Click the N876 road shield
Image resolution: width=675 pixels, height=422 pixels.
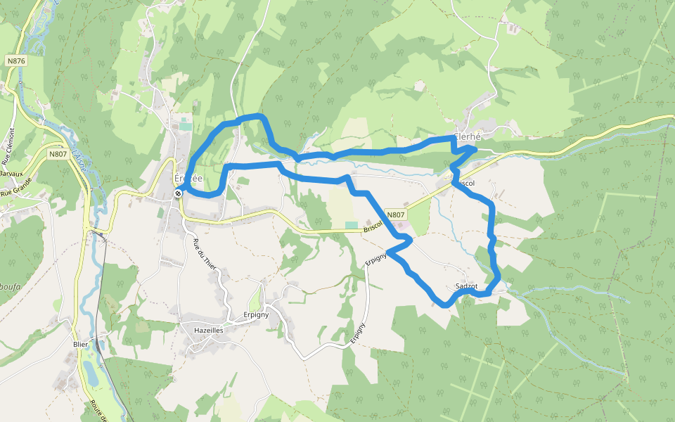[x=16, y=61]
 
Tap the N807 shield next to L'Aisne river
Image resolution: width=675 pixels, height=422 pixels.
[x=58, y=153]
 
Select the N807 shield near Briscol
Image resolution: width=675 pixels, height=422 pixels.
[x=396, y=215]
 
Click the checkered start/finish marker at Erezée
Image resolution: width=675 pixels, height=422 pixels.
[x=179, y=194]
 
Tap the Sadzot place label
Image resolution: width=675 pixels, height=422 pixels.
[x=466, y=286]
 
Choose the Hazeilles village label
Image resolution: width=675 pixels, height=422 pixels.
[x=208, y=329]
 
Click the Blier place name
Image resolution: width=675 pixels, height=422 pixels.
[x=80, y=344]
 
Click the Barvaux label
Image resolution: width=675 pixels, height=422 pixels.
[x=11, y=173]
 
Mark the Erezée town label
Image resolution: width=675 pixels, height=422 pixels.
[x=188, y=178]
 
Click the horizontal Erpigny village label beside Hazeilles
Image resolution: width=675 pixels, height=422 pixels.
[x=256, y=314]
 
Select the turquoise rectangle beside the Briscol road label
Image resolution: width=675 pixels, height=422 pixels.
[x=350, y=224]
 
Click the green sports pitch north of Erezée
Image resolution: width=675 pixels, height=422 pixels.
[x=185, y=124]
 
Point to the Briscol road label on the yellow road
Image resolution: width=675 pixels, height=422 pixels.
[x=373, y=226]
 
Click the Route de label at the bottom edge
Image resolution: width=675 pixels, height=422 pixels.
[x=98, y=411]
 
